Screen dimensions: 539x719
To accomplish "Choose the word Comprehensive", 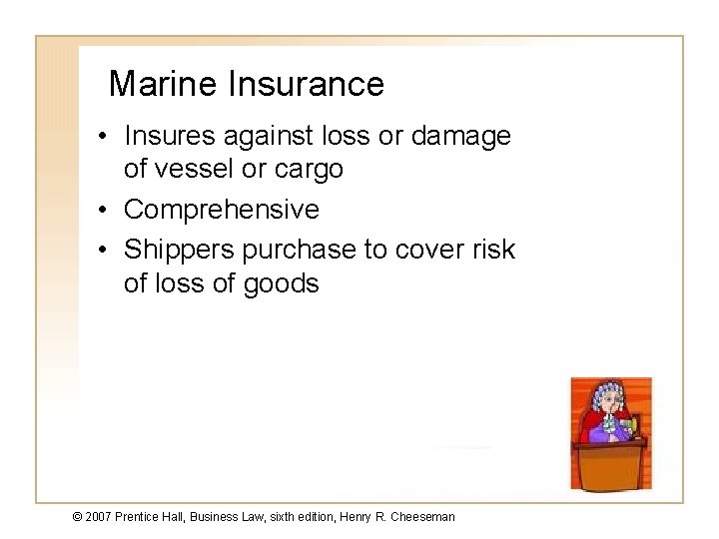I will pos(221,211).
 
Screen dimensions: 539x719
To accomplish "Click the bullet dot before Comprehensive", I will pos(105,211).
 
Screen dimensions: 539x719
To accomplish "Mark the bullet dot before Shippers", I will pos(105,250).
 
